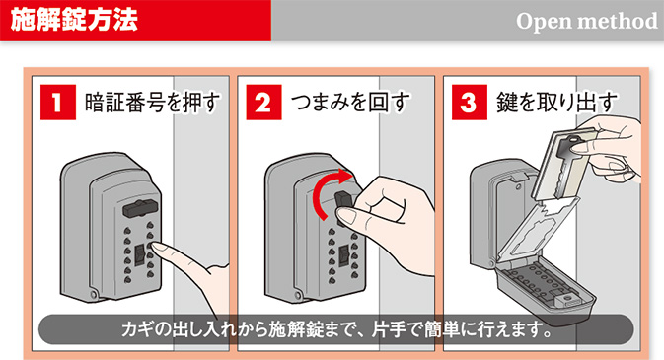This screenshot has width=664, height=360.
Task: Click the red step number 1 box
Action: pyautogui.click(x=58, y=102)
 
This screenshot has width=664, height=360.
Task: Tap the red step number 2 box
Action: pyautogui.click(x=263, y=102)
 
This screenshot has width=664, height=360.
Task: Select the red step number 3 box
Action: pyautogui.click(x=470, y=102)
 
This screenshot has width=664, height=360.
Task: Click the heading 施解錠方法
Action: pyautogui.click(x=74, y=20)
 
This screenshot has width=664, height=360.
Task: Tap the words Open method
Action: pyautogui.click(x=586, y=21)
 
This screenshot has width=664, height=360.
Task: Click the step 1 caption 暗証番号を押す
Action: pyautogui.click(x=153, y=103)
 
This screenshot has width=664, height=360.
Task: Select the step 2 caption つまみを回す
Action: pyautogui.click(x=350, y=103)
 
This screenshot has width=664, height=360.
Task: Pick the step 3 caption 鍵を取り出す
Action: pyautogui.click(x=556, y=103)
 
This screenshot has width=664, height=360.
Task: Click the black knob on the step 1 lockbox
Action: pyautogui.click(x=140, y=209)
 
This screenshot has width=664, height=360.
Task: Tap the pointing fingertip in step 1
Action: pyautogui.click(x=155, y=247)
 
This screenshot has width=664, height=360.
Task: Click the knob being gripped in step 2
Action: pyautogui.click(x=343, y=203)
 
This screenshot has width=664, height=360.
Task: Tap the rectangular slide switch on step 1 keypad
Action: pyautogui.click(x=140, y=255)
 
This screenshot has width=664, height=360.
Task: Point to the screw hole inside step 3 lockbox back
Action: pyautogui.click(x=517, y=186)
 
